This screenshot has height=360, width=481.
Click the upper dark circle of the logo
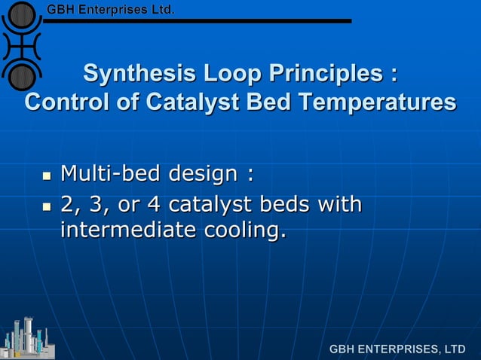(23, 15)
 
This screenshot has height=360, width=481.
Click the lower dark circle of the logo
(23, 76)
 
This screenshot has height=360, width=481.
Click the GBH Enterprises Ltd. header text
(111, 10)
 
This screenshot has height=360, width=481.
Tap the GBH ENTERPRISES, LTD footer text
(397, 349)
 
